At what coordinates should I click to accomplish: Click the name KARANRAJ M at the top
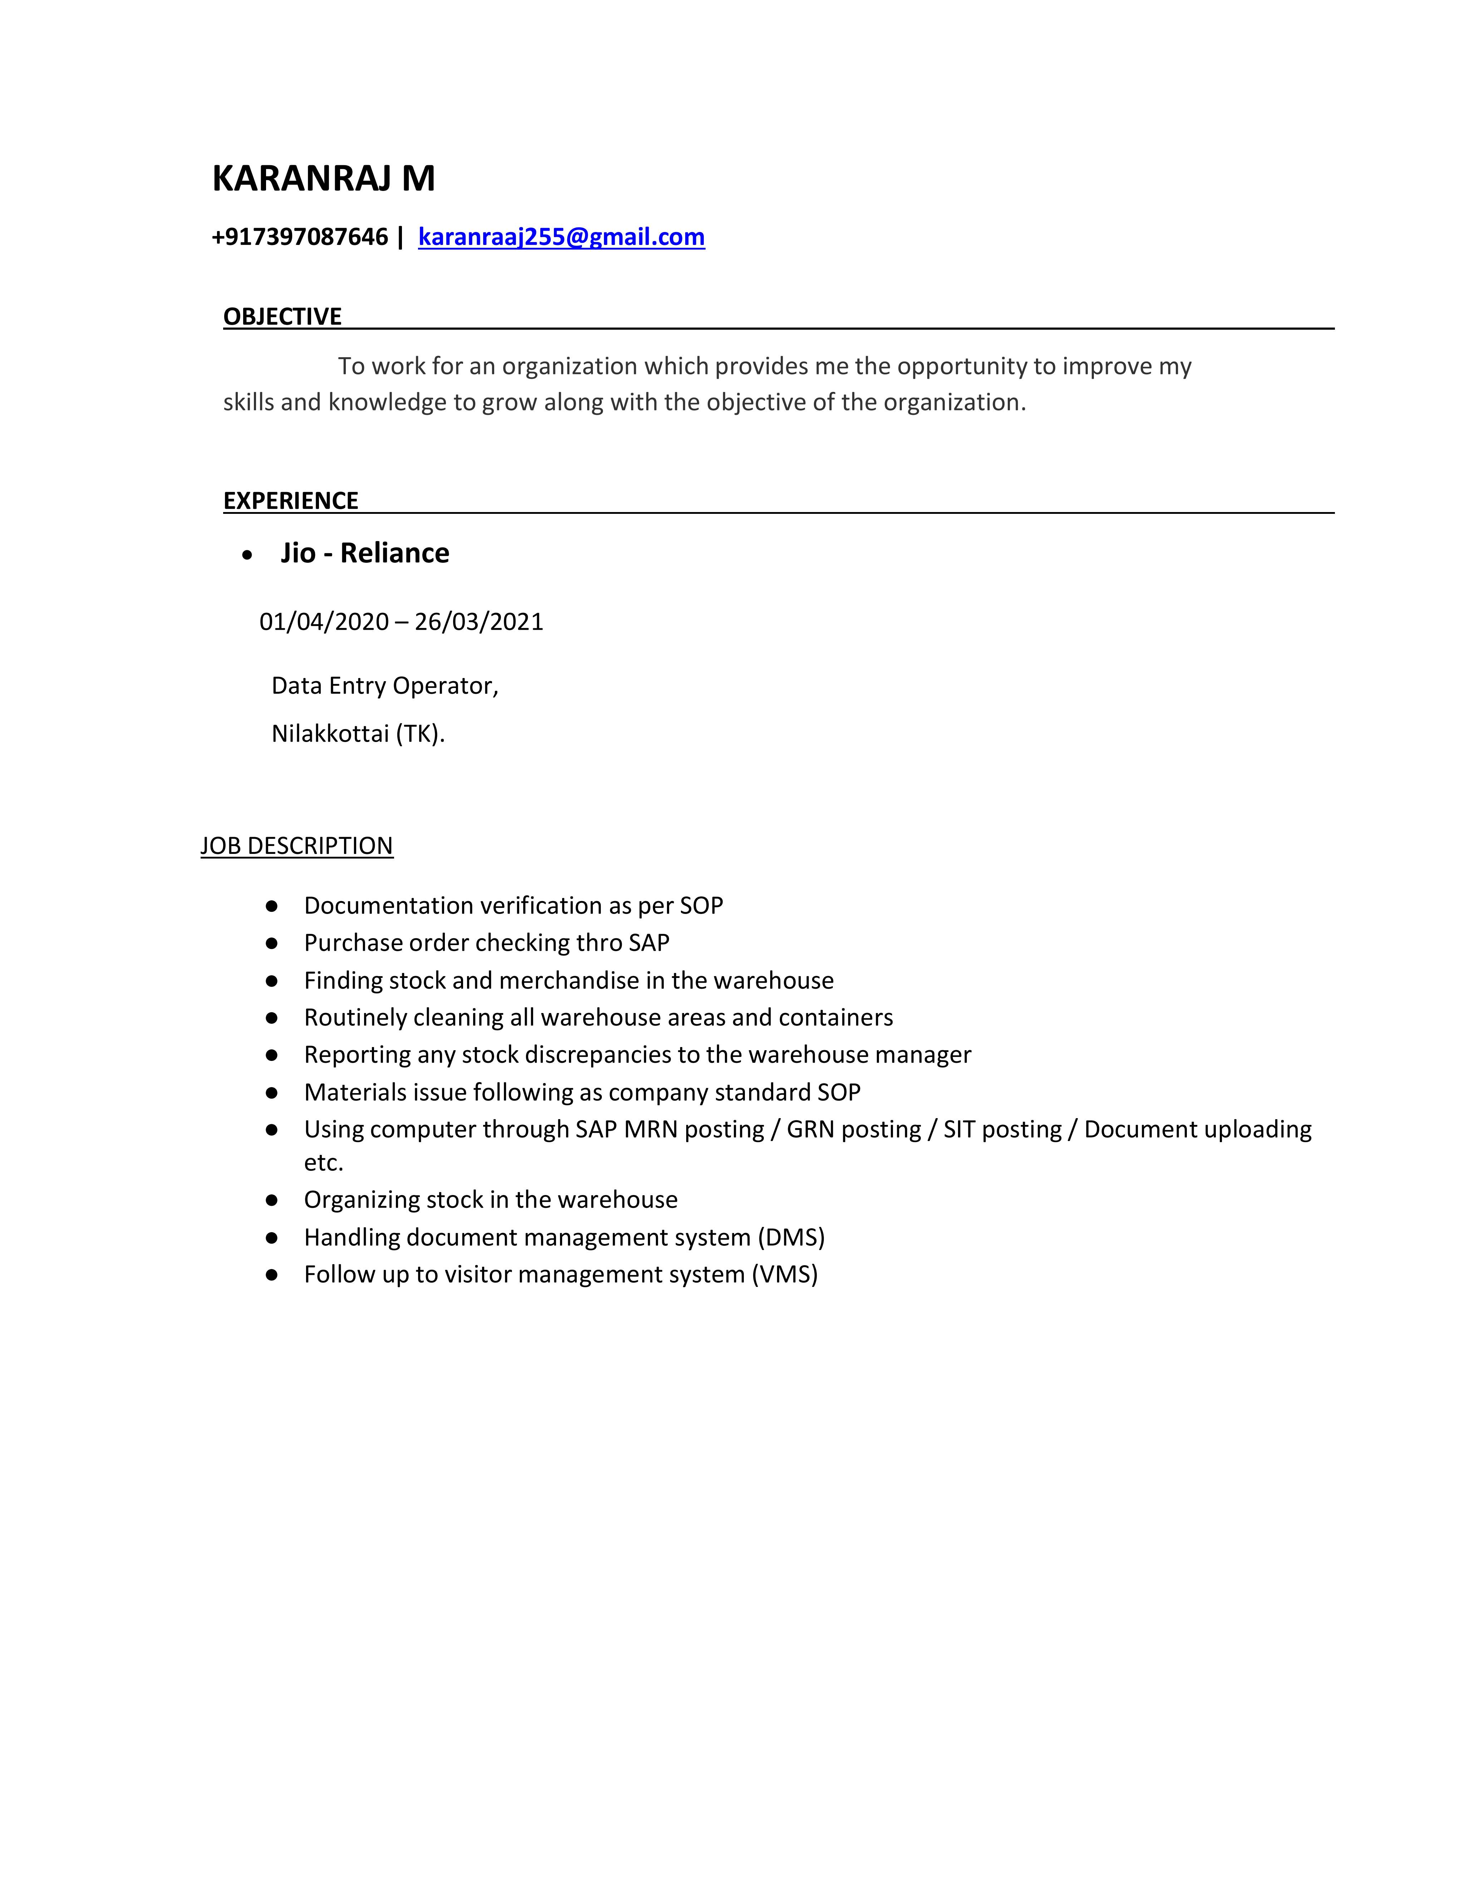click(323, 178)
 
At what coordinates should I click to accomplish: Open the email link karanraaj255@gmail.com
click(561, 237)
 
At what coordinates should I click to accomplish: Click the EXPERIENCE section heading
click(290, 501)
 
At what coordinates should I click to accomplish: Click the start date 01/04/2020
click(324, 621)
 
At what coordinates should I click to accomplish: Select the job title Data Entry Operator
click(385, 685)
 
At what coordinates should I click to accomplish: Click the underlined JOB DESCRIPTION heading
click(296, 845)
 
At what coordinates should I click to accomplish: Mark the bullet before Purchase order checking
click(271, 943)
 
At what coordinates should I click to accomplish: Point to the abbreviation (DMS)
click(791, 1237)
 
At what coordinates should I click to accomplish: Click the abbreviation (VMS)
click(784, 1274)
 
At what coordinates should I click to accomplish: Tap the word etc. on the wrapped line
click(323, 1163)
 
